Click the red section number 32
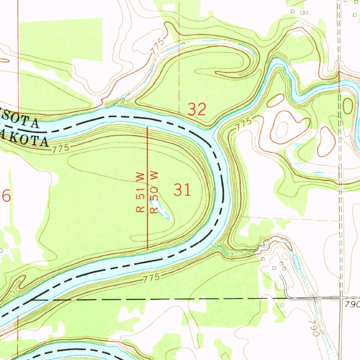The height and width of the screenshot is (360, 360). point(197,110)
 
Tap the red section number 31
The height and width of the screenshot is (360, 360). point(182,190)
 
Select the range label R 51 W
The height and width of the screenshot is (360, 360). point(141,193)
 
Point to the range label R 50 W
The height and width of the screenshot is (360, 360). point(154,193)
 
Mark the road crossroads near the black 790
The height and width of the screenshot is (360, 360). point(340,298)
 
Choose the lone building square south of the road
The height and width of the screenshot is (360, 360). point(283,306)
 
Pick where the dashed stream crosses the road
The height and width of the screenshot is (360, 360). point(313,298)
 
